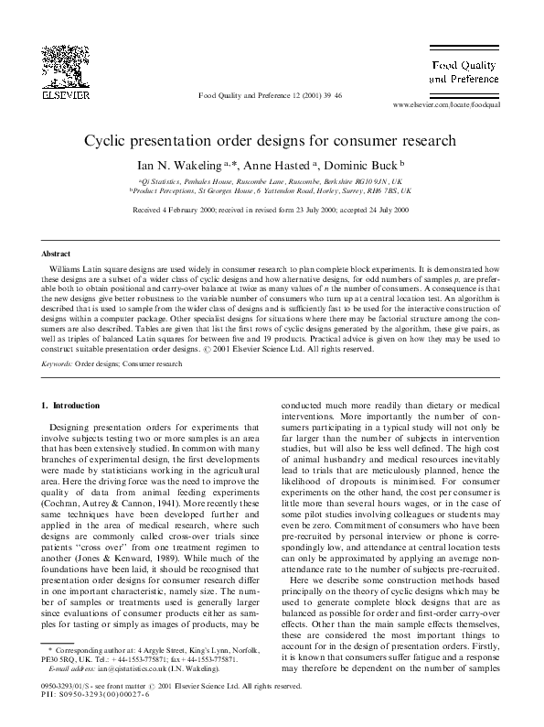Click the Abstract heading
pos(56,252)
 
